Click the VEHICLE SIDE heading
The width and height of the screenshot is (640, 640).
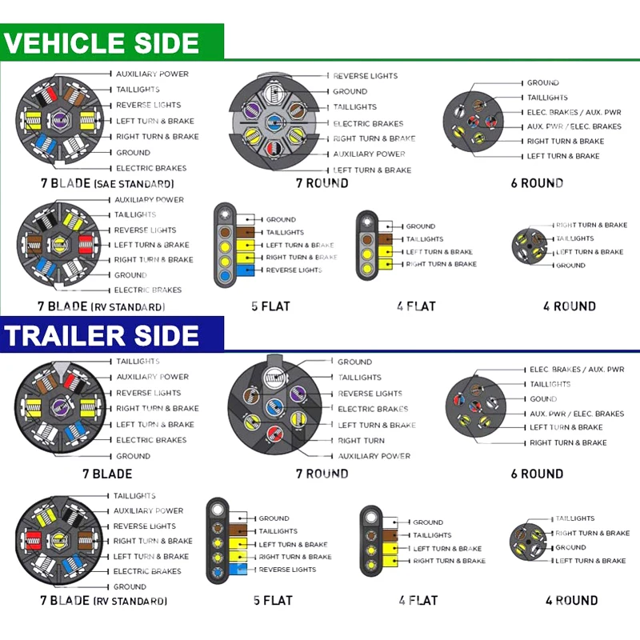[101, 42]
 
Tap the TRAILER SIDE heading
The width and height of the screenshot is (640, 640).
[101, 336]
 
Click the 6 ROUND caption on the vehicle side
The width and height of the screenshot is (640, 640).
[537, 183]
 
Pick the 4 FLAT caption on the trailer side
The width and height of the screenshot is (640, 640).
[418, 600]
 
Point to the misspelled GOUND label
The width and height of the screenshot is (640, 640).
[543, 398]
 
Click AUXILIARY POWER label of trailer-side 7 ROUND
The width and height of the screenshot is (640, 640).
[374, 456]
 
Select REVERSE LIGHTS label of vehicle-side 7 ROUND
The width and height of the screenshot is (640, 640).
[365, 76]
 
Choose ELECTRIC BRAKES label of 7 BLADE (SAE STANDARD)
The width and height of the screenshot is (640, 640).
[151, 168]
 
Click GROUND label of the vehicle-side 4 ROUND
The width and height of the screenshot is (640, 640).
[570, 266]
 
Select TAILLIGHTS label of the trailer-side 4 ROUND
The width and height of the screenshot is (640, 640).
[575, 518]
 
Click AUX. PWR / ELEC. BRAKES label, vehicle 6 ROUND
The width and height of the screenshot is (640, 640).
[574, 126]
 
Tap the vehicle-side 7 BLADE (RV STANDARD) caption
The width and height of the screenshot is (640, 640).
[101, 306]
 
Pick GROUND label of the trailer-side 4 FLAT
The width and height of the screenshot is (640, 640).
[428, 522]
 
